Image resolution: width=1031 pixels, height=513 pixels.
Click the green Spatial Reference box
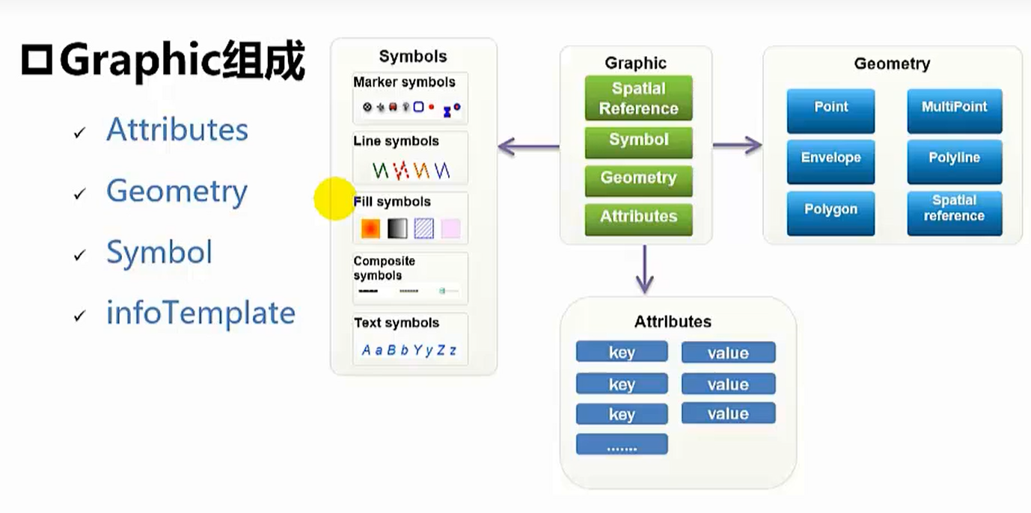coord(638,98)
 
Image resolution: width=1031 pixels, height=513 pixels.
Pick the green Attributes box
coord(638,218)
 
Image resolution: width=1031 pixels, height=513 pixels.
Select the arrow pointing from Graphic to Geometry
coord(737,145)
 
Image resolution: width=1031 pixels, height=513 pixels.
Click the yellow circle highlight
coord(334,199)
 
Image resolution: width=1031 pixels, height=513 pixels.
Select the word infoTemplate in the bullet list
coord(201,313)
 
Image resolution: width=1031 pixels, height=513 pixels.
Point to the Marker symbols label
coord(404,82)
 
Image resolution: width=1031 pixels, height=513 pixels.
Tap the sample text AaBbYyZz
coord(409,350)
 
